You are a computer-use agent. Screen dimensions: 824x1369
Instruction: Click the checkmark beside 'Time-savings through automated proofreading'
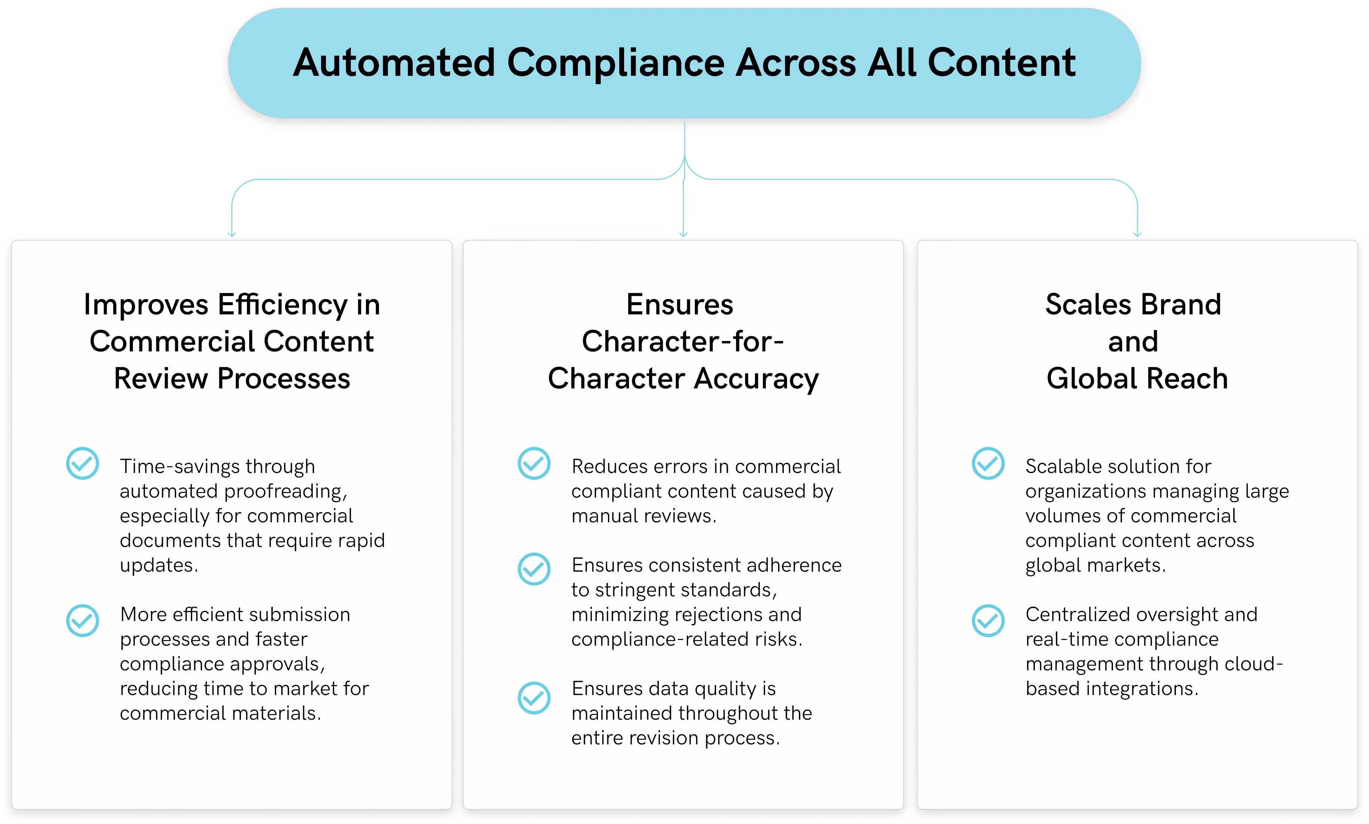(x=83, y=464)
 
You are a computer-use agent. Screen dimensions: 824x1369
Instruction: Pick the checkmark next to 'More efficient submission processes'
(x=83, y=620)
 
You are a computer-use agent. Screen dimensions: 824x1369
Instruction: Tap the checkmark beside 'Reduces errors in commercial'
(x=534, y=464)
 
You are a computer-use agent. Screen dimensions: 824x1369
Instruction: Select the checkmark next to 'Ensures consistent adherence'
(x=534, y=569)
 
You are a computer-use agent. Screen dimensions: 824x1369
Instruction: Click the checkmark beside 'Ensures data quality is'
(x=534, y=698)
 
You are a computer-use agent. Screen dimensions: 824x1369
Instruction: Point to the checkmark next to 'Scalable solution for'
(x=988, y=464)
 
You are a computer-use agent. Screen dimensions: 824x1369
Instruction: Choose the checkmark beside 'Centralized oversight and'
(x=988, y=620)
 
